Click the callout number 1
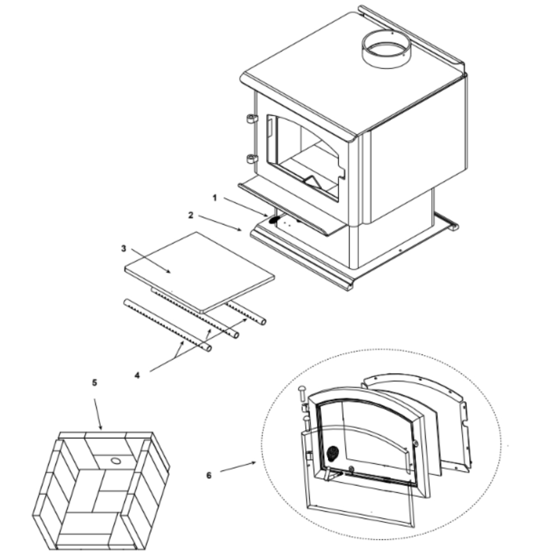[214, 198]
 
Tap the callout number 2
[191, 216]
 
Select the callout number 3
[124, 249]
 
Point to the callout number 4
[137, 375]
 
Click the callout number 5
[94, 383]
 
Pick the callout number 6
[209, 475]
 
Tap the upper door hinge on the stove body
[252, 119]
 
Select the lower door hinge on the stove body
[252, 158]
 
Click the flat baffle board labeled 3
[199, 272]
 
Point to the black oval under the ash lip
[274, 220]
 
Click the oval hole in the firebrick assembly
[115, 461]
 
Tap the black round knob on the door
[333, 453]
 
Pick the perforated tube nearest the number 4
[167, 325]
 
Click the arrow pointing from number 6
[238, 467]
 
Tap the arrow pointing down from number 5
[98, 414]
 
